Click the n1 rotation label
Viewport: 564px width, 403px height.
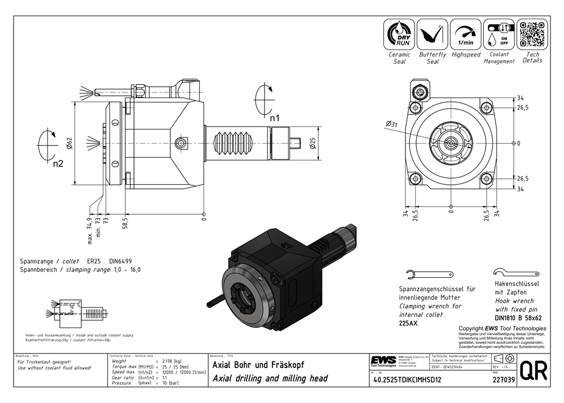[274, 118]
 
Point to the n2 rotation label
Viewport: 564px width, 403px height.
[58, 164]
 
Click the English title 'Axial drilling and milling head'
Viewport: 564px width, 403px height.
[269, 378]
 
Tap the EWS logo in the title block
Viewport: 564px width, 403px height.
[383, 360]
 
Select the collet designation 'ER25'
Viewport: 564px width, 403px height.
[94, 261]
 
